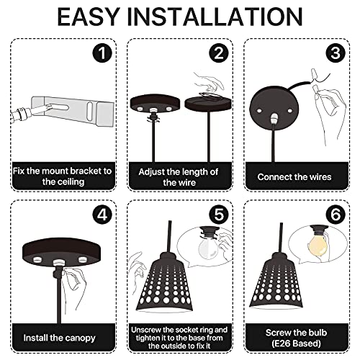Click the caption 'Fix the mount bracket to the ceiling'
pyautogui.click(x=61, y=177)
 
